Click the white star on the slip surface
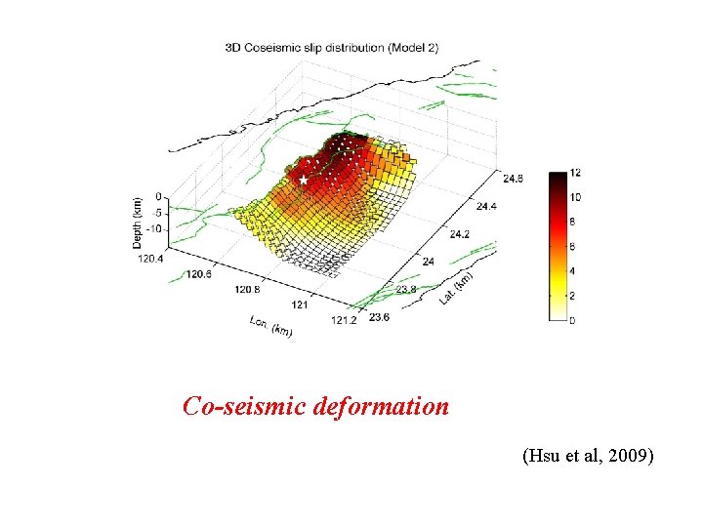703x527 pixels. pos(303,181)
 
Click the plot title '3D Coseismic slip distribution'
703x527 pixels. pos(306,46)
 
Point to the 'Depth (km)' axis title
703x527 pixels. pos(138,223)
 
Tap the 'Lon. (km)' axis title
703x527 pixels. pos(270,327)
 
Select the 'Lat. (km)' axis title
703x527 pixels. pos(456,288)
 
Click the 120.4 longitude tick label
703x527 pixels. pos(146,259)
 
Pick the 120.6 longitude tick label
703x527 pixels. pos(196,274)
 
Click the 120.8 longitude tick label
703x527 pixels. pos(247,290)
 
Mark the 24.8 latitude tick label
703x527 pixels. pos(515,178)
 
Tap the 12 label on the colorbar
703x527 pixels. pos(575,173)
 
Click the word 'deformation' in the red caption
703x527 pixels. pos(382,406)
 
